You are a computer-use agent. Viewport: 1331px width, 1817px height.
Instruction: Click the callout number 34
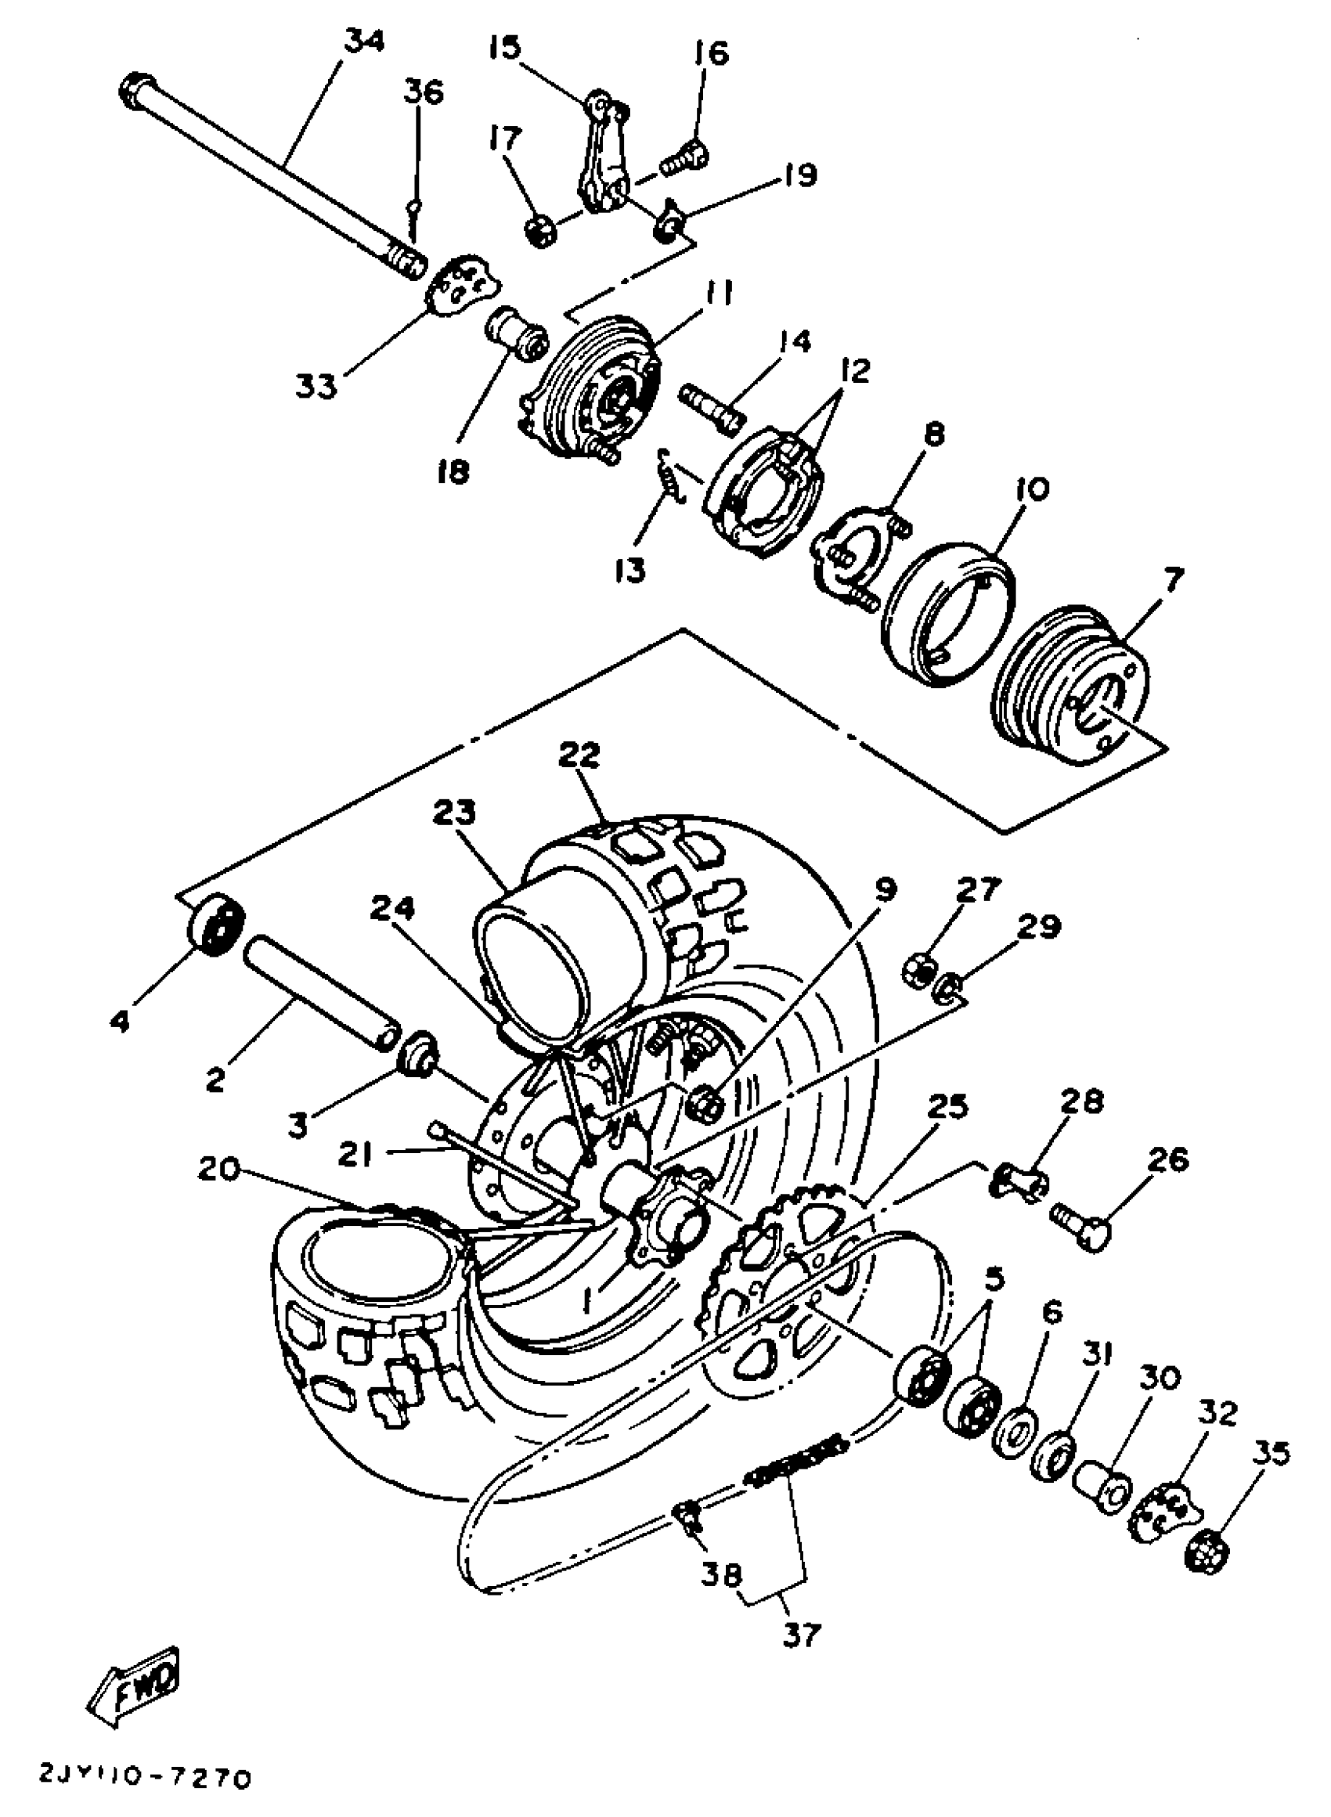[364, 41]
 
